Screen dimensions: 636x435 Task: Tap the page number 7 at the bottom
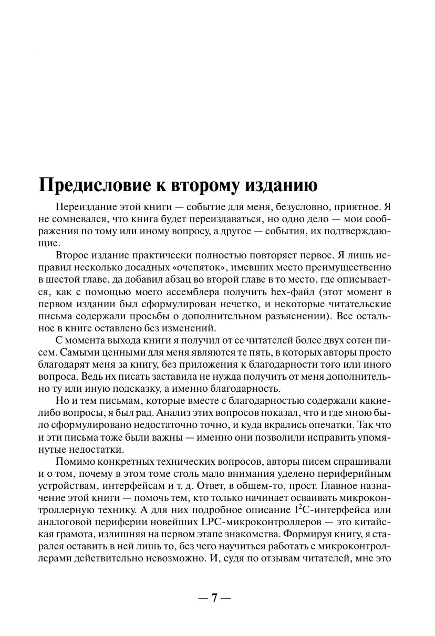tap(214, 598)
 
